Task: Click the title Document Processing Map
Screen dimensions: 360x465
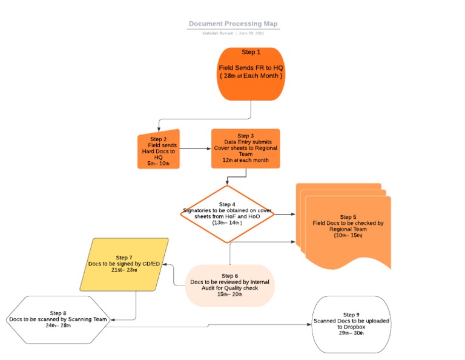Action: [x=233, y=24]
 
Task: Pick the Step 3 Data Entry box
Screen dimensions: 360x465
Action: [x=245, y=148]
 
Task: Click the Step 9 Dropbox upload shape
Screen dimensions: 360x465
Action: [x=351, y=324]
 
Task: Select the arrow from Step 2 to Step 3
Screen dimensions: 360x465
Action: [x=195, y=148]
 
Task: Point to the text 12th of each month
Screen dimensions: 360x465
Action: [x=245, y=159]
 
